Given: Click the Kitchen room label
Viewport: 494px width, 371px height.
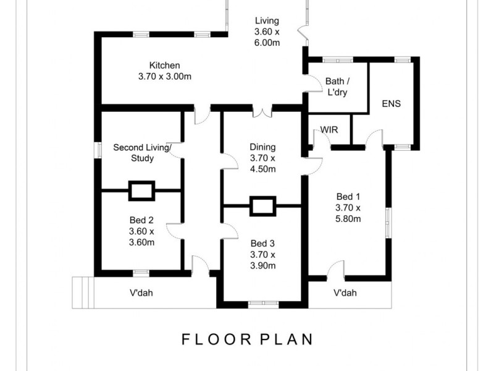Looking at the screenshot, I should click(x=164, y=66).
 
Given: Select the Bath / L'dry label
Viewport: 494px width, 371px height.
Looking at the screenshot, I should click(x=338, y=87).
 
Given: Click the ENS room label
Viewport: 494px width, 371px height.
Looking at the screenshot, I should click(x=391, y=104).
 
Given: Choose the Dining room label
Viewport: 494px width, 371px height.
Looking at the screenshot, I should click(x=262, y=147).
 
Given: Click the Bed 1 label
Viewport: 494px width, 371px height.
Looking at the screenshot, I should click(x=348, y=196).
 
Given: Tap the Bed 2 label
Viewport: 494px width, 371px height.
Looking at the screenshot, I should click(x=141, y=220).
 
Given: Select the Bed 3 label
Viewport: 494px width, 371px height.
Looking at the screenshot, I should click(x=262, y=243).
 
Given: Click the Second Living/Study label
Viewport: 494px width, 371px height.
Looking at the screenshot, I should click(x=141, y=153).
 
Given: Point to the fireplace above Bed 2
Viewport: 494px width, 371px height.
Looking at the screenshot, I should click(x=141, y=190).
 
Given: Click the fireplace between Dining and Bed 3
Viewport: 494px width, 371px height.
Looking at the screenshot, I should click(x=262, y=205).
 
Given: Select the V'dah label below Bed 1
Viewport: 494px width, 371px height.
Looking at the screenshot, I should click(x=345, y=293).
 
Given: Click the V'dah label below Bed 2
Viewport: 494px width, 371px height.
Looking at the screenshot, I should click(x=140, y=293).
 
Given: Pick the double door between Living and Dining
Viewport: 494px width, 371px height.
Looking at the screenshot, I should click(x=262, y=112).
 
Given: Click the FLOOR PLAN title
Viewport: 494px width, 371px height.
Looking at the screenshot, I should click(x=247, y=339).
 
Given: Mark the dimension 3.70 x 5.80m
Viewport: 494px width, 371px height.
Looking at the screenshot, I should click(x=348, y=213).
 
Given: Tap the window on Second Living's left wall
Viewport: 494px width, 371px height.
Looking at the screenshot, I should click(x=97, y=150).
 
